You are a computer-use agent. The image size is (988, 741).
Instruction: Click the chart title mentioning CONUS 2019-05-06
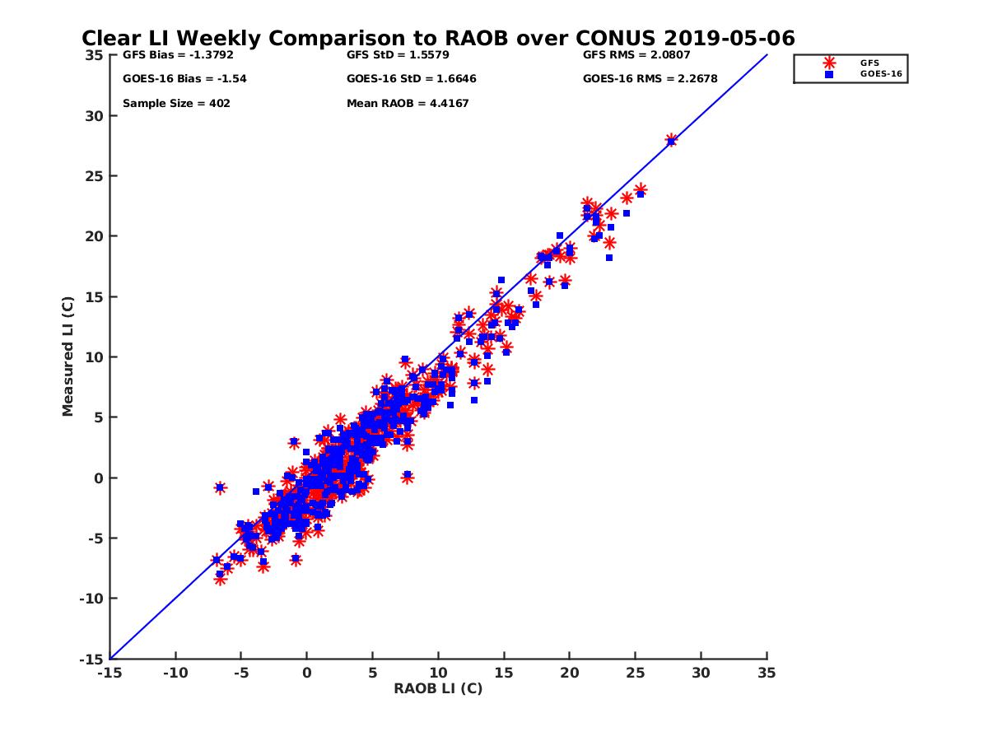(x=438, y=39)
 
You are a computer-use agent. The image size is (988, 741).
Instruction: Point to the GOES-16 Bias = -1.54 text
(x=184, y=79)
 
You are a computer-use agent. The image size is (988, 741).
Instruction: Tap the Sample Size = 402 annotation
(x=176, y=104)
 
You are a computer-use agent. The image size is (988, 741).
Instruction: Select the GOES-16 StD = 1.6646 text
(x=412, y=79)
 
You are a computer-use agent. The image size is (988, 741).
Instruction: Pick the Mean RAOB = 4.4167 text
(x=408, y=104)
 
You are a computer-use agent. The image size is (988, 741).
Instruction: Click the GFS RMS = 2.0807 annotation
(x=636, y=56)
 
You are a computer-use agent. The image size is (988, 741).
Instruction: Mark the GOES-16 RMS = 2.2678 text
(x=650, y=79)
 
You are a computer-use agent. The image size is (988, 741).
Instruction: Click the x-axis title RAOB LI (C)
(x=438, y=688)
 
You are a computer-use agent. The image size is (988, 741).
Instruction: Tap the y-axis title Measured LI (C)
(x=68, y=357)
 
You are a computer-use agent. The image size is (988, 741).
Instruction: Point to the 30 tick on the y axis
(x=94, y=115)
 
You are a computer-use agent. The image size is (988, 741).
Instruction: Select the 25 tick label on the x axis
(x=635, y=673)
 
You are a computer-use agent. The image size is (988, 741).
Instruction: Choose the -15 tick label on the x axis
(x=109, y=673)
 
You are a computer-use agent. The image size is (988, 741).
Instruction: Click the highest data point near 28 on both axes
(x=671, y=141)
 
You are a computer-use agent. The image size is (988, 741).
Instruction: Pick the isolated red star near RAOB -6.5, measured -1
(x=220, y=487)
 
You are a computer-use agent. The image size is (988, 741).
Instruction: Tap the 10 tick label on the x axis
(x=437, y=673)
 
